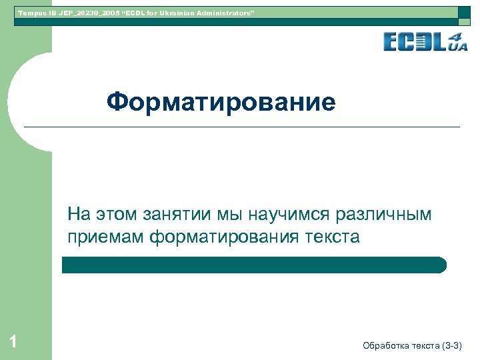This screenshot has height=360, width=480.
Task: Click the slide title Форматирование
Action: click(x=221, y=103)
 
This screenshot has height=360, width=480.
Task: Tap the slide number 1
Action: click(x=13, y=343)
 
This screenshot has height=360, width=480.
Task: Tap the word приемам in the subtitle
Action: click(x=105, y=237)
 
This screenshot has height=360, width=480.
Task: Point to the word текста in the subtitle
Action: click(x=333, y=237)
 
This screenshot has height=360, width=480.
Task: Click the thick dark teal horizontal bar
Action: click(x=254, y=265)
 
